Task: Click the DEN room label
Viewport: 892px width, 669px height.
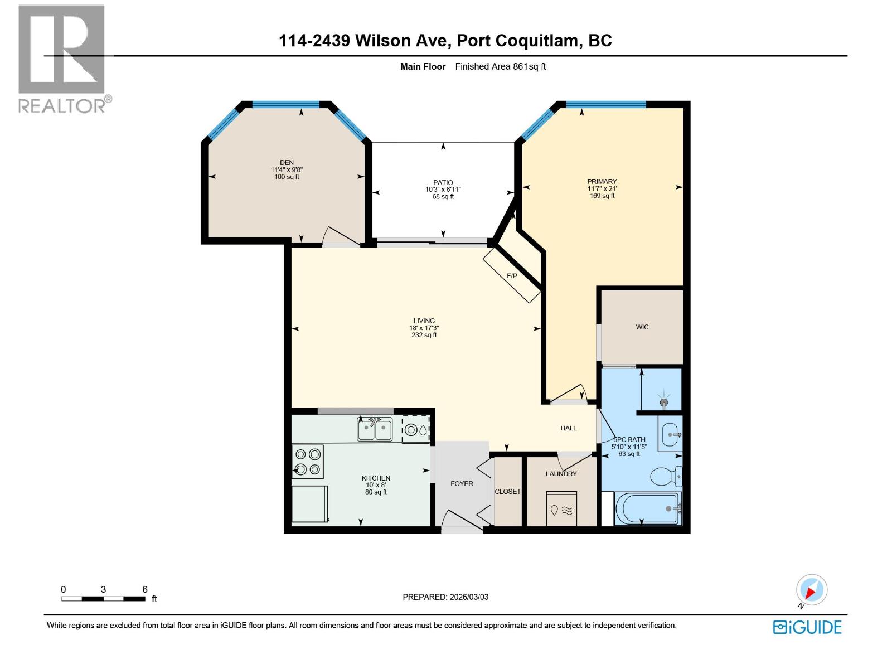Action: pyautogui.click(x=287, y=163)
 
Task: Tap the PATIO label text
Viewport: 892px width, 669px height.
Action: pyautogui.click(x=443, y=182)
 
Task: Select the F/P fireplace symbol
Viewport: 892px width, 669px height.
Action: pyautogui.click(x=512, y=276)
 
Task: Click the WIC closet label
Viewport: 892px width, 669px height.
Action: pyautogui.click(x=642, y=327)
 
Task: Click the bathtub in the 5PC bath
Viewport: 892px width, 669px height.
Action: pyautogui.click(x=648, y=508)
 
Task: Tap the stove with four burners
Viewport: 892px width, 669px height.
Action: pyautogui.click(x=308, y=462)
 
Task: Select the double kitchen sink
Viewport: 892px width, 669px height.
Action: pyautogui.click(x=375, y=430)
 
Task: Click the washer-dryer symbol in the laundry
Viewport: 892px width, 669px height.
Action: pyautogui.click(x=562, y=508)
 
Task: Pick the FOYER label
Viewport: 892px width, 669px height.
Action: pyautogui.click(x=462, y=484)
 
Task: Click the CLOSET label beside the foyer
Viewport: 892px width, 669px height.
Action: pyautogui.click(x=508, y=492)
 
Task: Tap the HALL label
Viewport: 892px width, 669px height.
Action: pyautogui.click(x=569, y=428)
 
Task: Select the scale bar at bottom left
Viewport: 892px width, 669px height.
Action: pyautogui.click(x=104, y=599)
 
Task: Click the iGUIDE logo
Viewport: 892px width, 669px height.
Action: pyautogui.click(x=807, y=627)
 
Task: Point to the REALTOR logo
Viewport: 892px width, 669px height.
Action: pyautogui.click(x=62, y=59)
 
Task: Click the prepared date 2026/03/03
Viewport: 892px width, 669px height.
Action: pyautogui.click(x=445, y=597)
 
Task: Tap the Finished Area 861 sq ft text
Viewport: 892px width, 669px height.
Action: pyautogui.click(x=500, y=66)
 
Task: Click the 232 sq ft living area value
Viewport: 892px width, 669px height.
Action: pyautogui.click(x=424, y=335)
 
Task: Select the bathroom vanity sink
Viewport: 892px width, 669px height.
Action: pyautogui.click(x=670, y=434)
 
